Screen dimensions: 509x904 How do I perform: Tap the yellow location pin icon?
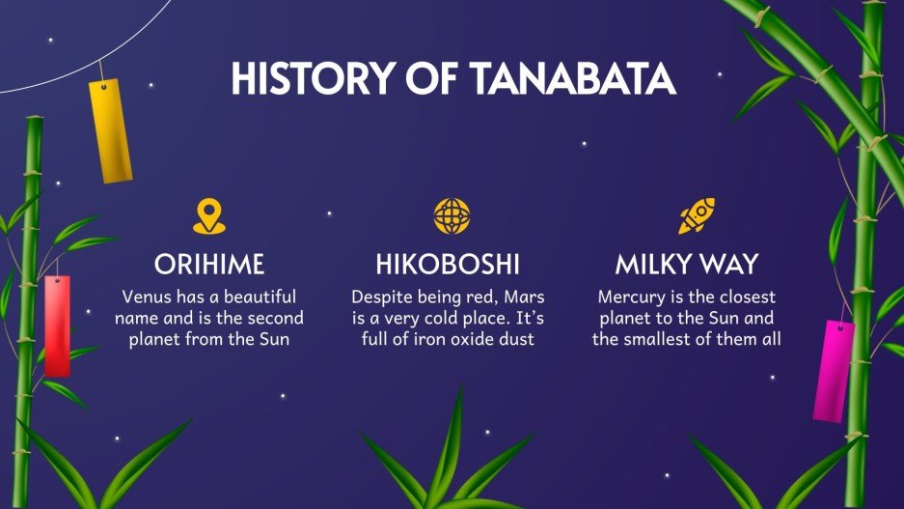pyautogui.click(x=208, y=216)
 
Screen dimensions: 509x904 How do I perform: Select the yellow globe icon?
pyautogui.click(x=451, y=216)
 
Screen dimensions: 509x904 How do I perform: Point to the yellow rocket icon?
pyautogui.click(x=695, y=216)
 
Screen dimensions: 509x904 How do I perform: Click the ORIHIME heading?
pyautogui.click(x=208, y=264)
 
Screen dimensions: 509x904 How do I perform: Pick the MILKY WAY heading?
pyautogui.click(x=686, y=264)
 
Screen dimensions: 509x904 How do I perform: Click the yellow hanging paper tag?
pyautogui.click(x=110, y=131)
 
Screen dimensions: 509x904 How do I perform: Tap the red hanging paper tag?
pyautogui.click(x=57, y=325)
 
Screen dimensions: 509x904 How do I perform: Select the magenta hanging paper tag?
pyautogui.click(x=834, y=370)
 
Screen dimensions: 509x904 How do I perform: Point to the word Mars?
pyautogui.click(x=530, y=296)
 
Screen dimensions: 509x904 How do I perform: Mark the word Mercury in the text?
pyautogui.click(x=631, y=296)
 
